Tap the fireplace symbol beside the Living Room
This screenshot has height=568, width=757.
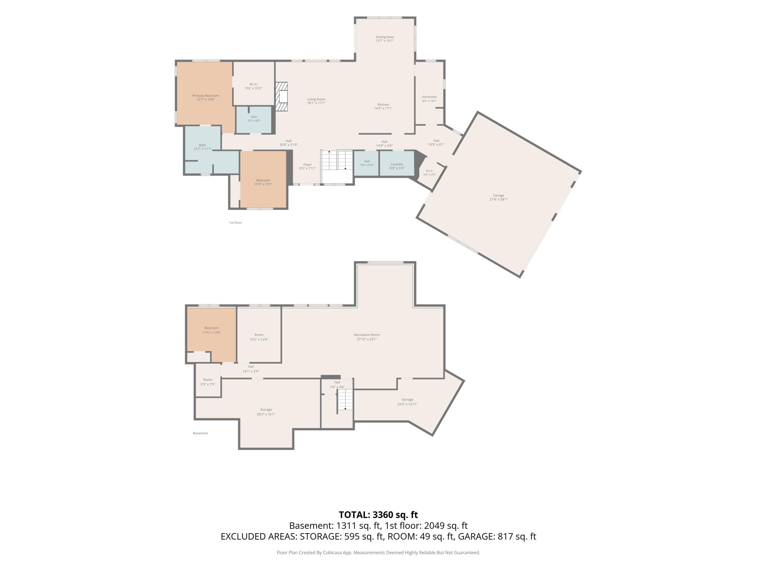(x=282, y=96)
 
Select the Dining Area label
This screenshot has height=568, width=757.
(x=385, y=39)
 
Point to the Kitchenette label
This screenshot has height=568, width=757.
(x=429, y=99)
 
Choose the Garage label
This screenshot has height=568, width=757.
(x=499, y=197)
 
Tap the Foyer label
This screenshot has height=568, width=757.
(x=307, y=166)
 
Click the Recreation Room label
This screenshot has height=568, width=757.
(x=367, y=337)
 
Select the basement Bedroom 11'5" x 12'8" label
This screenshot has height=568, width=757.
(x=211, y=330)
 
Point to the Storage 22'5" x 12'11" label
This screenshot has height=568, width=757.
(x=407, y=402)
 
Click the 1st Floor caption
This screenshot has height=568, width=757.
(x=235, y=223)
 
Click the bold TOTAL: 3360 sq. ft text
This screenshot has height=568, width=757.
(x=378, y=514)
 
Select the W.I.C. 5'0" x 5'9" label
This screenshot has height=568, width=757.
(x=429, y=173)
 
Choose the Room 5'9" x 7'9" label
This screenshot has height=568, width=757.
(x=208, y=382)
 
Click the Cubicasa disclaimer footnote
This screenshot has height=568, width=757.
(x=378, y=552)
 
